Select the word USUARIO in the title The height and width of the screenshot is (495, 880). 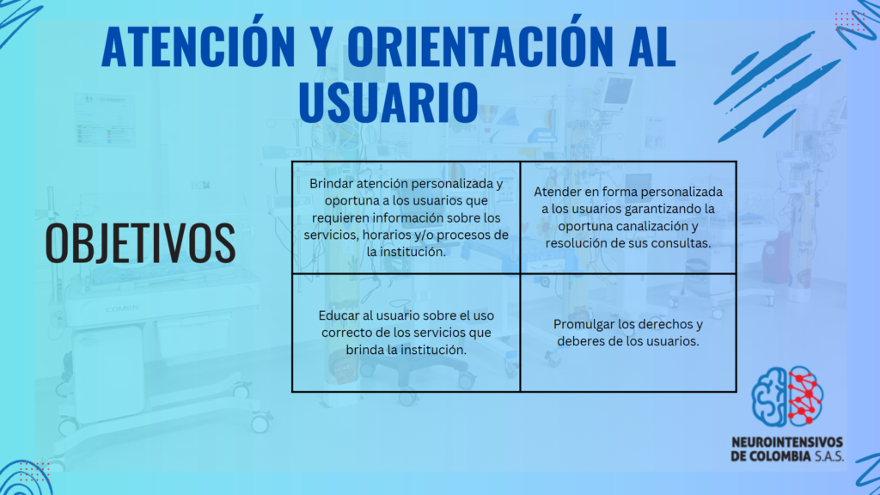[x=388, y=102]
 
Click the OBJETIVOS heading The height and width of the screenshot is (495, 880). [x=140, y=242]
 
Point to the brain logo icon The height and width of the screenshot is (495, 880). [x=787, y=396]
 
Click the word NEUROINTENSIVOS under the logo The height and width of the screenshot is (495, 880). [x=787, y=443]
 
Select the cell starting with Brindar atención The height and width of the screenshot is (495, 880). [x=406, y=217]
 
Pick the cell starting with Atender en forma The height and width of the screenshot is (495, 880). [x=628, y=217]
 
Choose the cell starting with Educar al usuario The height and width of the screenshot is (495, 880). [x=406, y=333]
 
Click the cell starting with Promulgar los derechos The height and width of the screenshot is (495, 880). [x=628, y=333]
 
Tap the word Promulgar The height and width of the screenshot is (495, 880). [x=581, y=325]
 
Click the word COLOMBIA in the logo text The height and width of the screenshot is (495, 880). [x=780, y=455]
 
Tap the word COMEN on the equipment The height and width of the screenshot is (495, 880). [x=122, y=309]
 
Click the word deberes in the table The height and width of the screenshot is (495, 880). [x=578, y=341]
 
